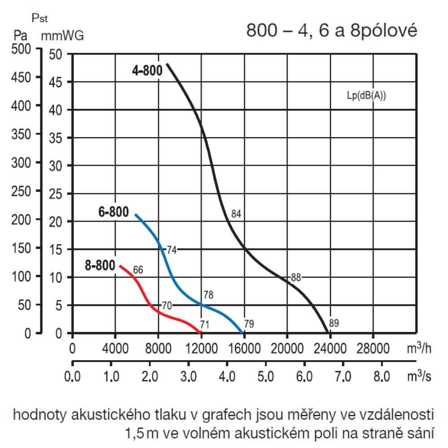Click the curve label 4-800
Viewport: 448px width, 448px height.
(x=147, y=71)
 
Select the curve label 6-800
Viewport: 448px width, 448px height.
(x=114, y=212)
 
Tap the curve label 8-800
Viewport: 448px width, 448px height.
(x=99, y=266)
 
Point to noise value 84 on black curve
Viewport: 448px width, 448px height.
(x=237, y=214)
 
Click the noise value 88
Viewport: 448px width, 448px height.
(x=296, y=278)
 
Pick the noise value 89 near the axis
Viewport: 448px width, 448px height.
(x=334, y=323)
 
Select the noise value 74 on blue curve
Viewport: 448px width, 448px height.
(x=172, y=250)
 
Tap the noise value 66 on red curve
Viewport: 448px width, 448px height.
(x=138, y=270)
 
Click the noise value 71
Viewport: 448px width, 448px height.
(x=205, y=324)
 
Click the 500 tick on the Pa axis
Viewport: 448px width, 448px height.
(x=21, y=49)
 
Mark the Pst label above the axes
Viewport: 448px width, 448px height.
(x=40, y=19)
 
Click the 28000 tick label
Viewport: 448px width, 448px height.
(x=373, y=349)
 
